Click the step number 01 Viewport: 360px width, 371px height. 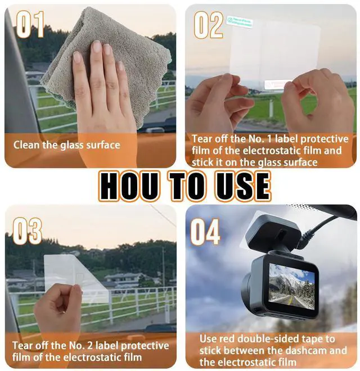point(30,24)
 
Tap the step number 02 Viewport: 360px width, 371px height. point(209,25)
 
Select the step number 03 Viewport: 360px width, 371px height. point(27,231)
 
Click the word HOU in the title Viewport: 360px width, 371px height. point(129,186)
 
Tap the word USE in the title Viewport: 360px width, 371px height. point(244,186)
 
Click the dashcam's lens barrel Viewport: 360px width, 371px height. point(250,287)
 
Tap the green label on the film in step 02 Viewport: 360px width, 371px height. point(240,22)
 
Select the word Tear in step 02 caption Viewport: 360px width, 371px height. point(201,139)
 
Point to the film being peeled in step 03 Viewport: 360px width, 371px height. point(76,279)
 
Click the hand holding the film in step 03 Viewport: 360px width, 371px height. point(58,313)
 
